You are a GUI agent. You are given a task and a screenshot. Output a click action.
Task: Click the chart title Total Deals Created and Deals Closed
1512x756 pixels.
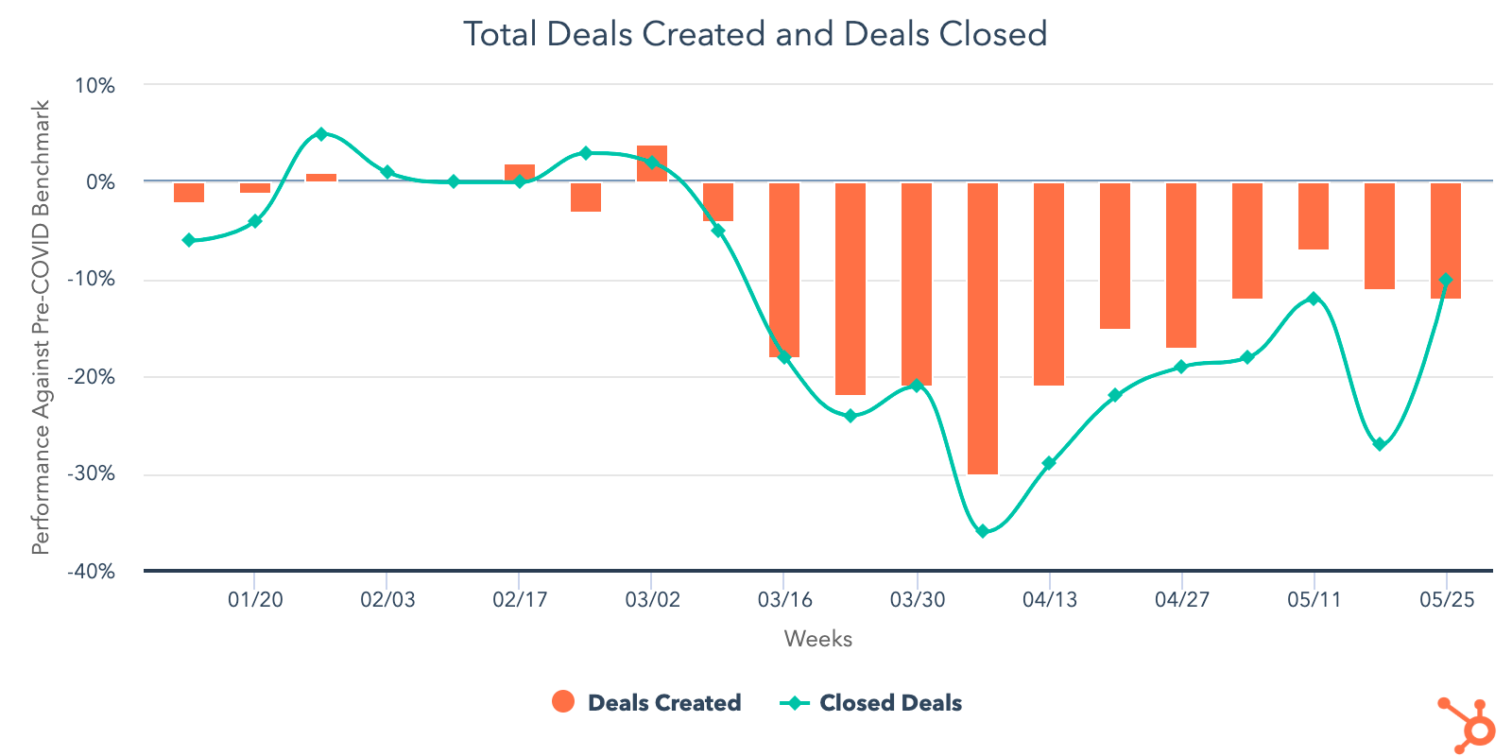coord(755,34)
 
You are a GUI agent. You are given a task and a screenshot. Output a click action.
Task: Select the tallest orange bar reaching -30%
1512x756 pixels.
coord(983,328)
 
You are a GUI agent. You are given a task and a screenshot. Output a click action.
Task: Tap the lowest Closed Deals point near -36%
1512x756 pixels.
coord(983,531)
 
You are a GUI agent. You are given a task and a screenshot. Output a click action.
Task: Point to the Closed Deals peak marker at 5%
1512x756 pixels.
coord(321,134)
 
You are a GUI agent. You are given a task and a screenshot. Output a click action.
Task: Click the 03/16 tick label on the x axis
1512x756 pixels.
coord(784,600)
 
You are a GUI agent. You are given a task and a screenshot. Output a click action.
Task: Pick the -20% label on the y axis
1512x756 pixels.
coord(91,377)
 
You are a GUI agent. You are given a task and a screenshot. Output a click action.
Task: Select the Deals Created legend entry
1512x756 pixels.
coord(646,702)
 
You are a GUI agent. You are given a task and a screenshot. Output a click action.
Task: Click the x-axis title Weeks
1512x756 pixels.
coord(817,639)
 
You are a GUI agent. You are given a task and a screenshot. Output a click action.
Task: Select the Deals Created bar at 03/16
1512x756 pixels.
coord(784,269)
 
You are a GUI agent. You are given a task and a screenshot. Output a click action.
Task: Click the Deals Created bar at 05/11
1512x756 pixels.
coord(1314,215)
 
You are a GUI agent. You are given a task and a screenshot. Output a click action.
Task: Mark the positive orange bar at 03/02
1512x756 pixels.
coord(652,163)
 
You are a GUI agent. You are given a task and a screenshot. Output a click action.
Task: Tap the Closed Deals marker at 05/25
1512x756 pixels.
coord(1446,280)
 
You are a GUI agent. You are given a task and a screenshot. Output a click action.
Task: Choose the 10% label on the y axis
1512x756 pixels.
coord(94,86)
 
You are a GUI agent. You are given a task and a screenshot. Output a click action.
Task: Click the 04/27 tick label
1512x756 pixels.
coord(1181,600)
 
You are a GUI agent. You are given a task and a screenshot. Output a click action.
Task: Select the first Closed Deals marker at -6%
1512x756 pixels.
coord(189,240)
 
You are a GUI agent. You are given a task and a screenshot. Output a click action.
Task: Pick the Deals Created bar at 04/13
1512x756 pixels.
coord(1049,283)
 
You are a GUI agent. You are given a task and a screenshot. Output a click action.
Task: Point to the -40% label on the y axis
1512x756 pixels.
coord(91,572)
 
